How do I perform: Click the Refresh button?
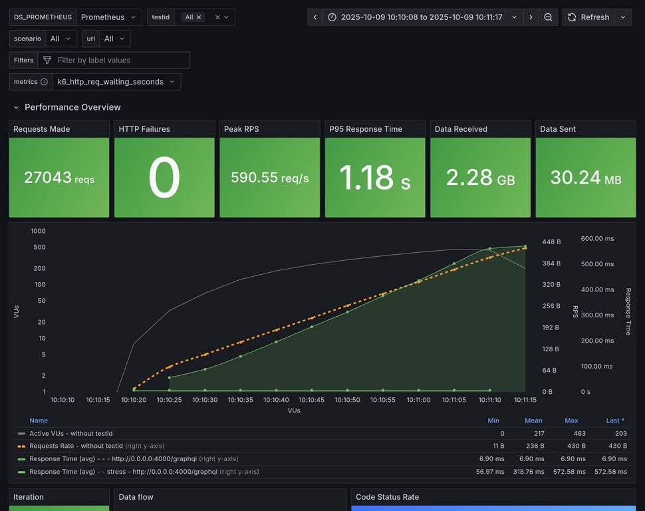pos(588,17)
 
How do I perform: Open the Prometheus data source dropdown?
pos(109,17)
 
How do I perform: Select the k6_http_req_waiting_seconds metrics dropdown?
pos(116,82)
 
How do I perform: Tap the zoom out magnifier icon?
pos(548,17)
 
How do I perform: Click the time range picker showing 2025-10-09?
pos(422,17)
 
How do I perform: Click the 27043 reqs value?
pos(59,178)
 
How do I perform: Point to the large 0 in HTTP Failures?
pos(164,178)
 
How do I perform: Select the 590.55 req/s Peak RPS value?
pos(269,178)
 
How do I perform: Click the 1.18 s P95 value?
pos(374,178)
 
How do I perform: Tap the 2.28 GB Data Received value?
pos(480,178)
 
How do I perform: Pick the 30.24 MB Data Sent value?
pos(585,178)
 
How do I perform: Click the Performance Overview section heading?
pos(72,107)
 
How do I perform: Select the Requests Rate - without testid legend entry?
pos(76,446)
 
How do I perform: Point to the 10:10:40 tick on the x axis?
pos(276,400)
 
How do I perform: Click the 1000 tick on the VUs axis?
pos(38,231)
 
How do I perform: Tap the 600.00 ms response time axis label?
pos(597,238)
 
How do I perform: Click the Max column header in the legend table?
pos(571,421)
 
